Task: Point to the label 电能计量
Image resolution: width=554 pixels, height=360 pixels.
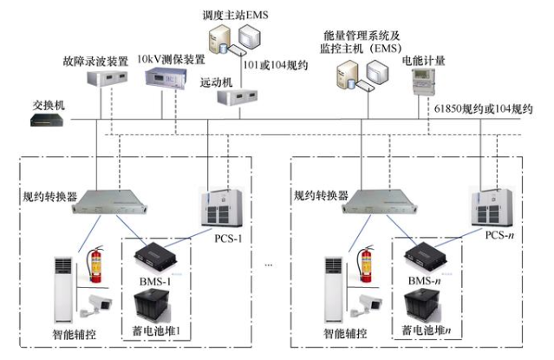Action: point(420,62)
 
